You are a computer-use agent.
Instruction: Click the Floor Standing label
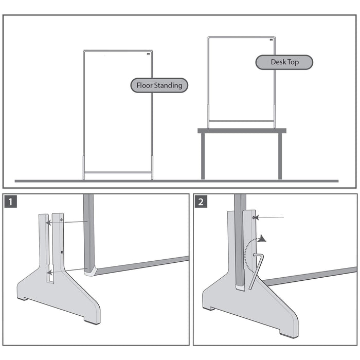pos(159,85)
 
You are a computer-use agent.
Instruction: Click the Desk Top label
pos(284,62)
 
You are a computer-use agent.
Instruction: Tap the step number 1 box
pos(12,201)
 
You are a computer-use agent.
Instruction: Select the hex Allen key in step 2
pos(256,271)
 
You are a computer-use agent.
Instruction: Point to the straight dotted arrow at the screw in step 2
pos(271,218)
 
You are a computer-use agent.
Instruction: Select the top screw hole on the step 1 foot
pos(62,220)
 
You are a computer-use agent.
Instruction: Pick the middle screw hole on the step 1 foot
pos(62,252)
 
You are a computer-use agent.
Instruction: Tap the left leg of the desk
pos(203,156)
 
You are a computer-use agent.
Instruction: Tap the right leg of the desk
pos(280,156)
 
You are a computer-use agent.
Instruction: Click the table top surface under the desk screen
pos(242,131)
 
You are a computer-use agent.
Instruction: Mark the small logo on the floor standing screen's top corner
pos(149,53)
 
